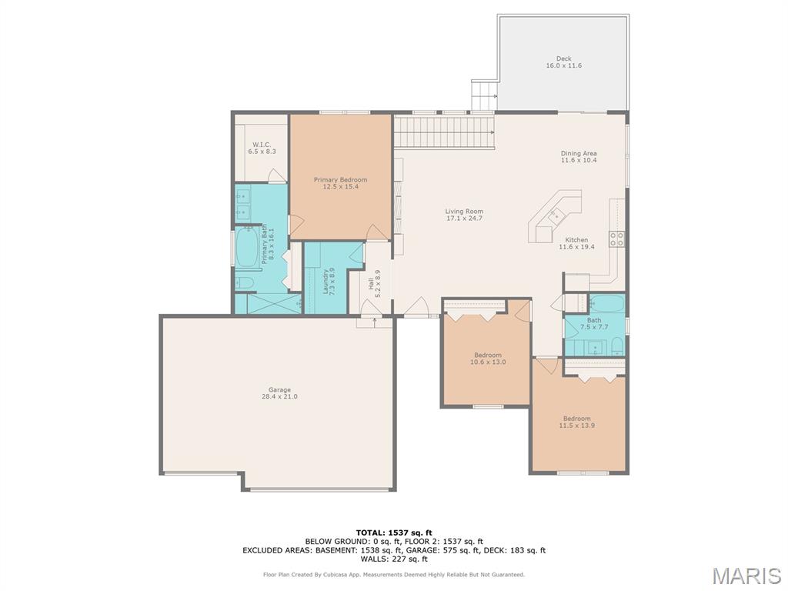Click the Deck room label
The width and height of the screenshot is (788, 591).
coord(564,62)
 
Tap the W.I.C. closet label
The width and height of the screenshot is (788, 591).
coord(262,148)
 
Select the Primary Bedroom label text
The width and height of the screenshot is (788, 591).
coord(340,183)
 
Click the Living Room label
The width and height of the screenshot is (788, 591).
coord(464,215)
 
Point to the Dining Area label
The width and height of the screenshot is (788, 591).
coord(579,156)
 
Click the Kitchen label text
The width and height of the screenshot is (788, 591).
coord(576,243)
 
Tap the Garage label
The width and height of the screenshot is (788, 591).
coord(279,393)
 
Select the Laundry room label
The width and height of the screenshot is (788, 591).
coord(329,282)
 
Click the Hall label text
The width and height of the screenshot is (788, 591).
coord(375,283)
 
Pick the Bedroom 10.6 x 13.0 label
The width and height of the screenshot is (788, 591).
coord(487,359)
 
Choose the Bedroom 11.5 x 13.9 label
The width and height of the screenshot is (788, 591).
coord(576,422)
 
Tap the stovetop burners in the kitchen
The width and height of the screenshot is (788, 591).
coord(616,239)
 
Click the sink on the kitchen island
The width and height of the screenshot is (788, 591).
coord(556,215)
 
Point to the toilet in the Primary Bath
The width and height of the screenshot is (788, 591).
coord(244,283)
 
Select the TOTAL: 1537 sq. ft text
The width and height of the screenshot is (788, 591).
coord(394,533)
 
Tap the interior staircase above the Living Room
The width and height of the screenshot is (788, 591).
coord(444,132)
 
